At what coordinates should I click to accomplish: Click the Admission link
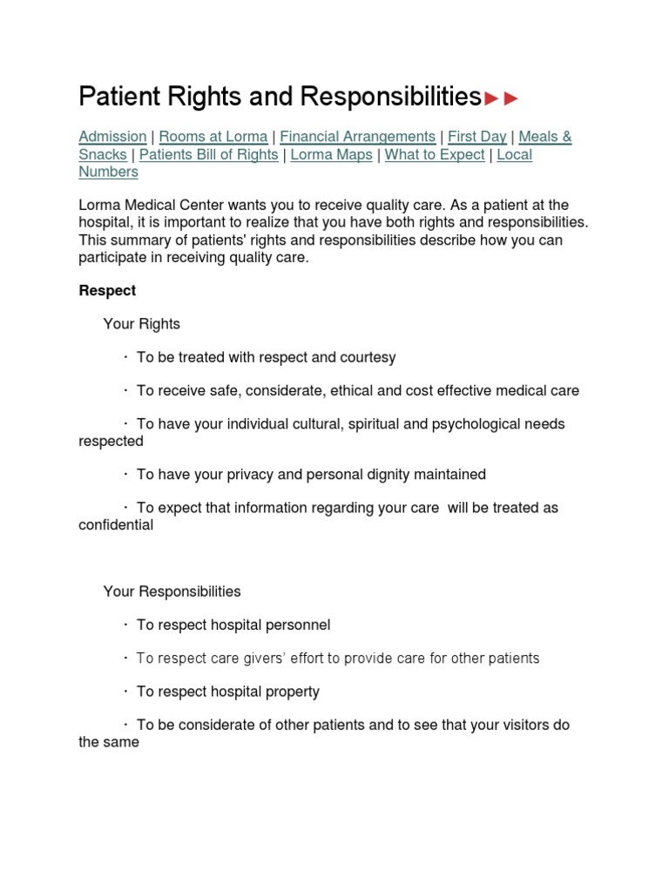[x=112, y=137]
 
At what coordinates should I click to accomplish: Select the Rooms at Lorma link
[x=213, y=137]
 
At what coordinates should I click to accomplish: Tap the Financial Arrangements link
[x=357, y=137]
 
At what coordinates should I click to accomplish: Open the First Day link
[x=476, y=137]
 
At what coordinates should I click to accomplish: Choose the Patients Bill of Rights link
[x=208, y=155]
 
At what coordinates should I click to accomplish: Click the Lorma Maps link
[x=331, y=155]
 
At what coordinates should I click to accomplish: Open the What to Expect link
[x=435, y=155]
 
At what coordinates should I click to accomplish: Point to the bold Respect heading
[x=107, y=290]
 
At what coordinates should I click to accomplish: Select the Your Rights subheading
[x=142, y=324]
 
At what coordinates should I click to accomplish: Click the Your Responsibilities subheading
[x=172, y=591]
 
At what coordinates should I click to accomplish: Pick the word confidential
[x=116, y=525]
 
